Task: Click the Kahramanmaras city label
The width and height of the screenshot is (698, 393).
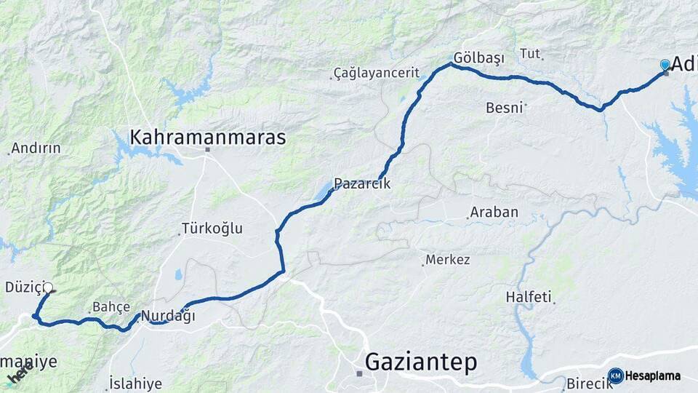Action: [207, 137]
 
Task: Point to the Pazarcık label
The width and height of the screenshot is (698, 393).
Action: [362, 184]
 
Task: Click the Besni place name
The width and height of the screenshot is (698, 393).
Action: [504, 108]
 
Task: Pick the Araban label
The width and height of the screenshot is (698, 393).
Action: [494, 213]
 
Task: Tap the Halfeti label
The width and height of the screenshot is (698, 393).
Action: [529, 297]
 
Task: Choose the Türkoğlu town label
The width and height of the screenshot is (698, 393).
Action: [212, 229]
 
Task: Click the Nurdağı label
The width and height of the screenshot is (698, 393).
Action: [168, 316]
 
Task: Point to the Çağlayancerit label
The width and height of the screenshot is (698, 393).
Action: [377, 73]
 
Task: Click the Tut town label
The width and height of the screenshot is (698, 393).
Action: [530, 54]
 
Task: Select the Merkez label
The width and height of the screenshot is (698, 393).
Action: [448, 260]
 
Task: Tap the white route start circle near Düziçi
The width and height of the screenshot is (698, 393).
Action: [48, 287]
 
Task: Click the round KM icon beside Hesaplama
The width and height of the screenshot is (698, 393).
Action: [616, 376]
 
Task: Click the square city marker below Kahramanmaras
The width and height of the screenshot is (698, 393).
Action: [207, 150]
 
